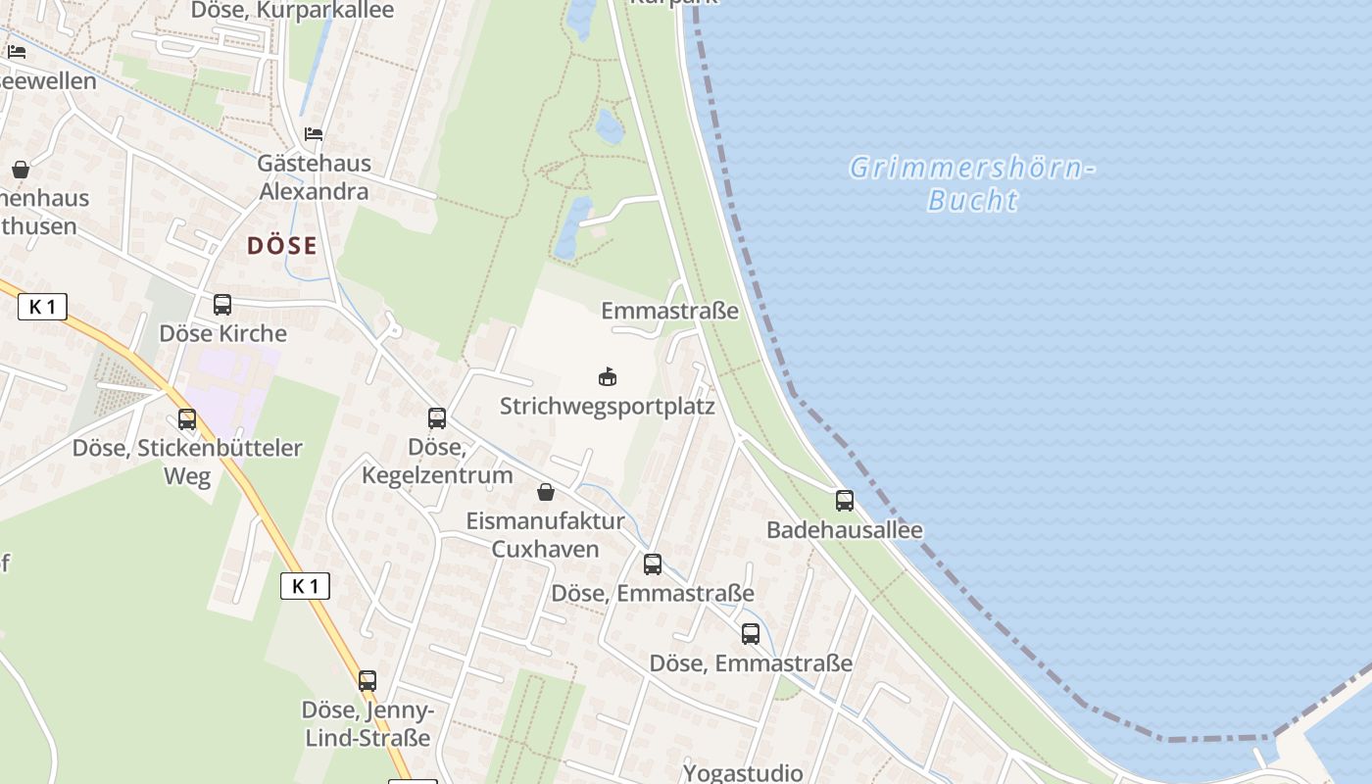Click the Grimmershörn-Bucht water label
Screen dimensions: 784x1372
[x=971, y=183]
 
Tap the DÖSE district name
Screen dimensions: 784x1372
[x=282, y=245]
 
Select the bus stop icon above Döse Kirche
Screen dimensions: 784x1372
[x=222, y=305]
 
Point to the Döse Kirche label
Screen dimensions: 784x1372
[x=223, y=333]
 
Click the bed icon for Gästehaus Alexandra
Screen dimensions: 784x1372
[x=314, y=133]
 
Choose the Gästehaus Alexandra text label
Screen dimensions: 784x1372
[x=314, y=176]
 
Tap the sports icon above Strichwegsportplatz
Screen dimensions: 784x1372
[x=608, y=376]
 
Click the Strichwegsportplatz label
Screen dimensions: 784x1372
[x=608, y=406]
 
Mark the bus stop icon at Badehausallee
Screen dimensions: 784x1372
[x=845, y=501]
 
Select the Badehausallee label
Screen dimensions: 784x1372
[x=845, y=530]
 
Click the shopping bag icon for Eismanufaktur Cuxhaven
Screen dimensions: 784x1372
[x=546, y=492]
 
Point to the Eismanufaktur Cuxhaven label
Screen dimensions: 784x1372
[x=545, y=535]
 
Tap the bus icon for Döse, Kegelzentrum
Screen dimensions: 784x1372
[x=437, y=418]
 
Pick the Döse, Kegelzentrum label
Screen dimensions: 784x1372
[x=437, y=462]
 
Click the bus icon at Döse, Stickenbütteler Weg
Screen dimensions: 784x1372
[x=187, y=419]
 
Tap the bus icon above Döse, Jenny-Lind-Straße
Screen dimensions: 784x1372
[x=367, y=681]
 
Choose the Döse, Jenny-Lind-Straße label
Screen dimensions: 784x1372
[x=367, y=723]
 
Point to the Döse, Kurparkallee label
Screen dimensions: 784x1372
[x=292, y=11]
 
